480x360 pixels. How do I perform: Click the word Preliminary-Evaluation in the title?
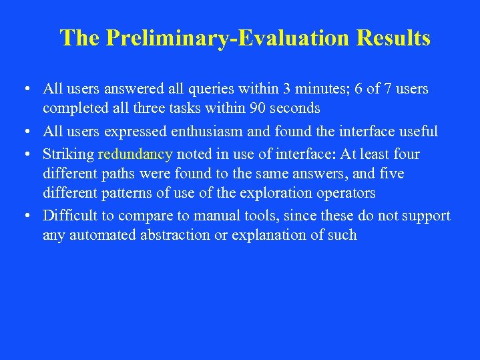click(x=226, y=38)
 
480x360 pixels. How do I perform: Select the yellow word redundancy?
click(x=136, y=154)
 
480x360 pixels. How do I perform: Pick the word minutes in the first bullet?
click(x=319, y=89)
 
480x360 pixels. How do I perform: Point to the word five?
click(x=391, y=174)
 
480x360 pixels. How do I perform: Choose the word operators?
click(x=343, y=193)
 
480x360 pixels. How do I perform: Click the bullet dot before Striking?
click(x=24, y=154)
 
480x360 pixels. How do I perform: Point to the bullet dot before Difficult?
click(x=24, y=216)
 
